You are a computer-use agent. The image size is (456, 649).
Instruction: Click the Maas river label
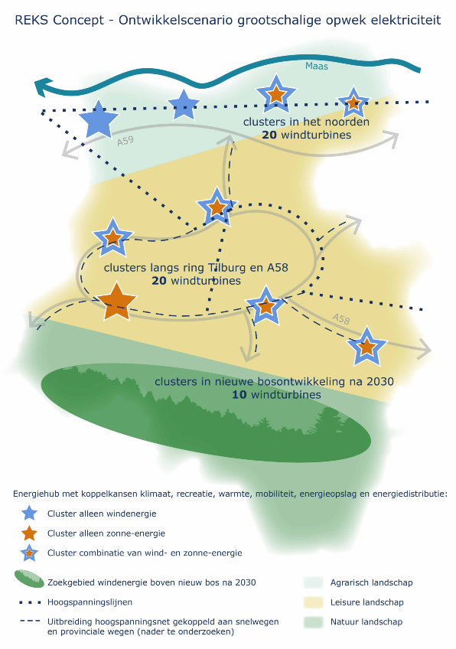point(317,67)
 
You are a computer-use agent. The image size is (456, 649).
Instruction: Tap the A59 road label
point(125,141)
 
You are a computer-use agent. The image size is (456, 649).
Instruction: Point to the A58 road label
point(341,318)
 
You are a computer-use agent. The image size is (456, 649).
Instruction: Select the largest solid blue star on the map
point(99,119)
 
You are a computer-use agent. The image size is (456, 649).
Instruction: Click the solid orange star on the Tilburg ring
point(117,302)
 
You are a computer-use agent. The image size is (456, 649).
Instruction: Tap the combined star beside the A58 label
point(366,346)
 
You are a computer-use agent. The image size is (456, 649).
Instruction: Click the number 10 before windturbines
point(239,394)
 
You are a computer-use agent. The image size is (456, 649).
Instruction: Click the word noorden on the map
point(347,122)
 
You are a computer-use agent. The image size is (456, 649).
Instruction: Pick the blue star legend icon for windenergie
point(29,514)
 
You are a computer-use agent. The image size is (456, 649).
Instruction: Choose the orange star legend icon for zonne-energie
point(29,533)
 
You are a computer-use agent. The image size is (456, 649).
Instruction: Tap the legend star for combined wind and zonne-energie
point(29,553)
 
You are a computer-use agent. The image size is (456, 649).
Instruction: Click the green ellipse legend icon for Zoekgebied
point(29,579)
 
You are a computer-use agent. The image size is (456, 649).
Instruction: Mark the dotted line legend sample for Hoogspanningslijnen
point(30,602)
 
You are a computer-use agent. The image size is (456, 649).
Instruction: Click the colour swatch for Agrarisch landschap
point(313,582)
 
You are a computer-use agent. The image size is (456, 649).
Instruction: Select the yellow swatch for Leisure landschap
point(313,602)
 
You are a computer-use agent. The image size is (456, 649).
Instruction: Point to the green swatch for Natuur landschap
point(313,621)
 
